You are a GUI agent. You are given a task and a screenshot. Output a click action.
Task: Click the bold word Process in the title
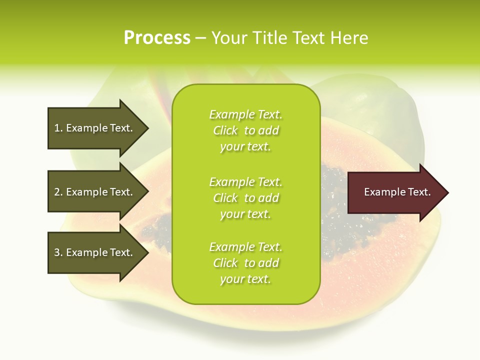click(x=157, y=38)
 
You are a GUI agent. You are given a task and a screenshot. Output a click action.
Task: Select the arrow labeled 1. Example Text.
click(x=95, y=128)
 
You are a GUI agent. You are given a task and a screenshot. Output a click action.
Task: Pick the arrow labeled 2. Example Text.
click(x=95, y=192)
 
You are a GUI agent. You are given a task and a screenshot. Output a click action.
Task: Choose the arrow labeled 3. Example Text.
click(x=95, y=252)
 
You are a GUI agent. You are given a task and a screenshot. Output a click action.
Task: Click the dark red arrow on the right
click(x=395, y=192)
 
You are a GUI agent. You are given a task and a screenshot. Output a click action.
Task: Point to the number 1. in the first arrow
click(x=58, y=128)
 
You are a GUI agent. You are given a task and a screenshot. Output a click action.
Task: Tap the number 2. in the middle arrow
click(x=58, y=192)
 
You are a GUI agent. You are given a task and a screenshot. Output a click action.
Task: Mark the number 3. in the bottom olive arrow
click(x=58, y=252)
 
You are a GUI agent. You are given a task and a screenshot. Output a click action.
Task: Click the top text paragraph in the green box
click(x=245, y=130)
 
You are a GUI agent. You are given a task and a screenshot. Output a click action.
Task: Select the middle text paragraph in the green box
click(x=245, y=198)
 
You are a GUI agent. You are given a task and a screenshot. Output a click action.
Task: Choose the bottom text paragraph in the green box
click(x=245, y=263)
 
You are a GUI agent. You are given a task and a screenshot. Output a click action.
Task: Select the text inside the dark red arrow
click(x=397, y=192)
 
